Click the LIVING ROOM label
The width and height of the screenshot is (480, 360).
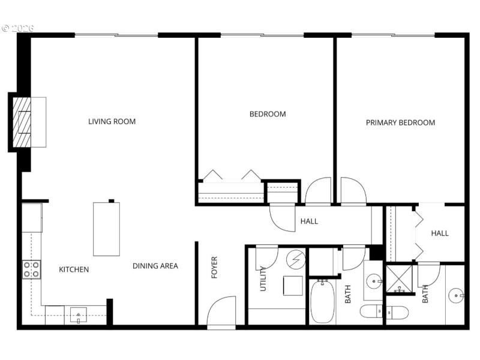pos(112,122)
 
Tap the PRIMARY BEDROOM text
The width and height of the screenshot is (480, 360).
pos(400,123)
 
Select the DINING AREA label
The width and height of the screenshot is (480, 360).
pos(155,266)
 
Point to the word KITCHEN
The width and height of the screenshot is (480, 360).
pos(74,270)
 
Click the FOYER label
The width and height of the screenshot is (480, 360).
pos(214,268)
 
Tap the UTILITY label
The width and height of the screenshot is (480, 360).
pos(263,279)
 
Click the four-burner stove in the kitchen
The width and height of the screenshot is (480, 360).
pos(31,269)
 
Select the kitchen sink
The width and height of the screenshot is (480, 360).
pos(79,314)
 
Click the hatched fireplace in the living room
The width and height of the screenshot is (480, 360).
pos(23,122)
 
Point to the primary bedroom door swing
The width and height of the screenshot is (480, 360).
pos(353,191)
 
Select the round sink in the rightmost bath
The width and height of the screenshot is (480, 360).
pos(456,296)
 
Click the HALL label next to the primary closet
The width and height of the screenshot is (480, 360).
pos(439,233)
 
